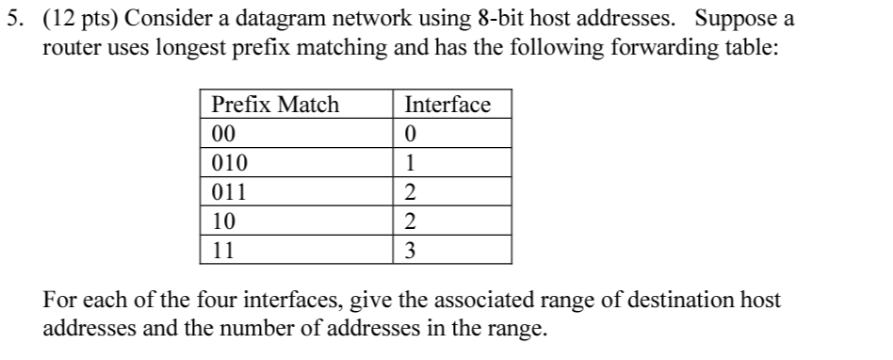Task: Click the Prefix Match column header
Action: click(x=275, y=105)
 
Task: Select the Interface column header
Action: click(x=446, y=105)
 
